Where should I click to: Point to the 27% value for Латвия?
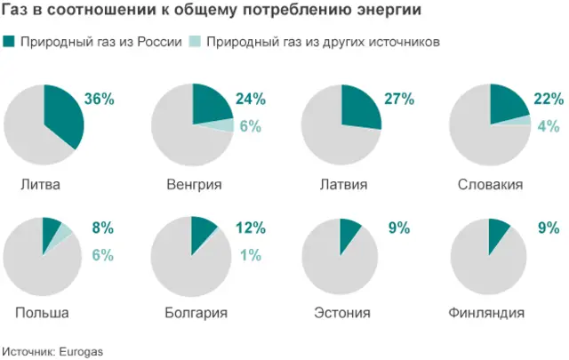[x=399, y=100]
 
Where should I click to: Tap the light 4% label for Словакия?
[x=547, y=126]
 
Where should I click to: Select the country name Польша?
[x=42, y=313]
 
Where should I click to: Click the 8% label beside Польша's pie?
[x=102, y=228]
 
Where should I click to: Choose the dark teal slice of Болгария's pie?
[x=202, y=229]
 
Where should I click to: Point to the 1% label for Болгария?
[x=250, y=255]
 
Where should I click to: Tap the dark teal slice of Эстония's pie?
[x=349, y=230]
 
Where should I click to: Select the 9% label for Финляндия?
[x=547, y=228]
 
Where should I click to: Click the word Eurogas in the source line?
[x=82, y=351]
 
